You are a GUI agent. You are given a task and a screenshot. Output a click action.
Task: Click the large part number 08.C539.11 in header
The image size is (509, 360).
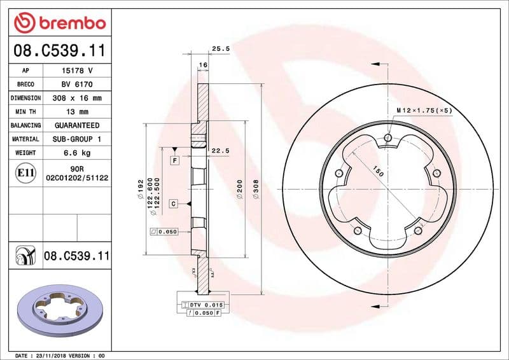pos(59,50)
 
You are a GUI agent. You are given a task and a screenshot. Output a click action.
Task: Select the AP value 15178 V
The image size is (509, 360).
pos(77,71)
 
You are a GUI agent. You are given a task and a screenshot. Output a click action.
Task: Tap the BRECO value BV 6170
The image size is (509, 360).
pos(77,85)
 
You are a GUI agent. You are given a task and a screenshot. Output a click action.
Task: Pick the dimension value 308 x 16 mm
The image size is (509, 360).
pos(77,99)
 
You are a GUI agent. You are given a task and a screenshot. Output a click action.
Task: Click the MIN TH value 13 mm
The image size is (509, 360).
pos(77,112)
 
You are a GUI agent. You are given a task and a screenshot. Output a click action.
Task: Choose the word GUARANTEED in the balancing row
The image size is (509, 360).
pos(77,125)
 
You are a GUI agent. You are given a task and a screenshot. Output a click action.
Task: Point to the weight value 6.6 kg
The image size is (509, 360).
pos(77,153)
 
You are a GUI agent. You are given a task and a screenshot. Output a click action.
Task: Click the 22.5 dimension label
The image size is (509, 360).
pos(220,151)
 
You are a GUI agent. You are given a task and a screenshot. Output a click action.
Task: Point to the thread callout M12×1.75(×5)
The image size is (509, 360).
pos(424,110)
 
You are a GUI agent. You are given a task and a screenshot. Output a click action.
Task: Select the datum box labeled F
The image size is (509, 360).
pos(174,161)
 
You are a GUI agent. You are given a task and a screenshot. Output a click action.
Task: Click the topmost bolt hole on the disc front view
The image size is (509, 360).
pos(388,137)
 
